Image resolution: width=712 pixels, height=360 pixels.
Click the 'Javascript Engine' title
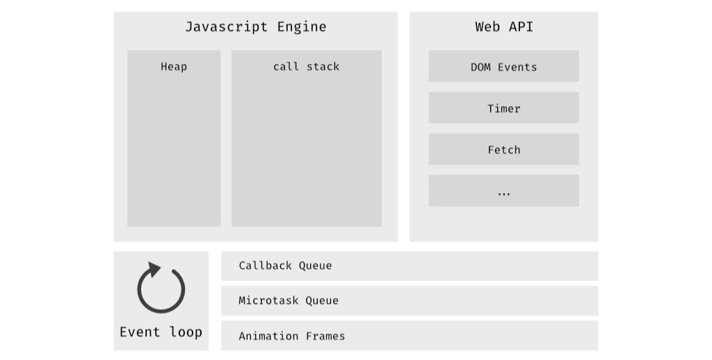tap(255, 27)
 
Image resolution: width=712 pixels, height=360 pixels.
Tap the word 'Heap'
tap(174, 67)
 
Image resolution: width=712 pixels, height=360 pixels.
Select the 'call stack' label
tap(306, 67)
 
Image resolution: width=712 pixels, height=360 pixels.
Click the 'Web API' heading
tap(503, 27)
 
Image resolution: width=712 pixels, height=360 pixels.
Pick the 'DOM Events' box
tap(503, 67)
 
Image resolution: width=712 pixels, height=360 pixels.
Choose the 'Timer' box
tap(503, 108)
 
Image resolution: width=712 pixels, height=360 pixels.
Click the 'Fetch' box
tap(503, 149)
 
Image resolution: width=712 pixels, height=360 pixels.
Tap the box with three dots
tap(503, 191)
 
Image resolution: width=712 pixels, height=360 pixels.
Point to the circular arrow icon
tap(161, 288)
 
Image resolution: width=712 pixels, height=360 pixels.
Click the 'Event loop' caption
tap(161, 332)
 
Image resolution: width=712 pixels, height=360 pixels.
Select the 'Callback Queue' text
tap(285, 265)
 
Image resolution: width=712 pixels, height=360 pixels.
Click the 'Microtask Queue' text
tap(289, 301)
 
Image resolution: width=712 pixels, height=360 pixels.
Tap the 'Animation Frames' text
tap(291, 336)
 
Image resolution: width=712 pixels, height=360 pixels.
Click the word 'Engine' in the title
tap(301, 27)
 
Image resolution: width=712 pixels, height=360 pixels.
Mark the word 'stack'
tap(323, 67)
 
